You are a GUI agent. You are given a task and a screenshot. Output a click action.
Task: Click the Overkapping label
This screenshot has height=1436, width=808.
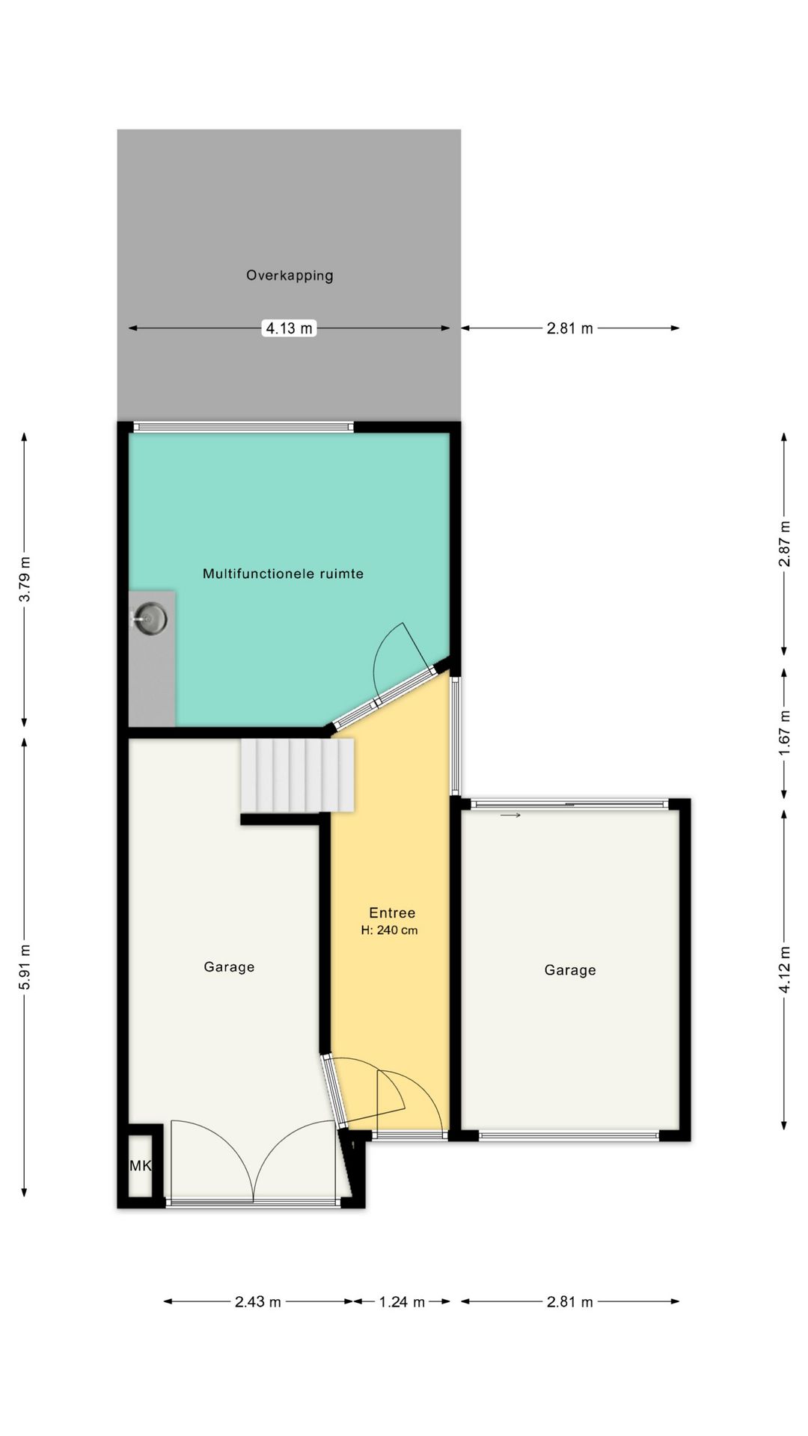click(x=290, y=276)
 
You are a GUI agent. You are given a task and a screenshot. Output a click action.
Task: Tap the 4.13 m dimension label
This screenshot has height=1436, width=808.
click(x=290, y=328)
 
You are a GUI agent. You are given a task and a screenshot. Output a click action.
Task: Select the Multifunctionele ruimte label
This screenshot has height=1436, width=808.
click(x=283, y=574)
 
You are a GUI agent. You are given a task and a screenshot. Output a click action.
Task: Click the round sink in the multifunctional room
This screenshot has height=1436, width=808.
click(x=152, y=619)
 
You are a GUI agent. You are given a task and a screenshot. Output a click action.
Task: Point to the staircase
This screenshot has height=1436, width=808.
click(x=297, y=776)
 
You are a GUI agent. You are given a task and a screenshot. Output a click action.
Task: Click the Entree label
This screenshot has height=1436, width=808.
click(x=392, y=912)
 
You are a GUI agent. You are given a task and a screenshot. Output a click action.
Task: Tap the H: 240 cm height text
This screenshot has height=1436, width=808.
click(x=389, y=930)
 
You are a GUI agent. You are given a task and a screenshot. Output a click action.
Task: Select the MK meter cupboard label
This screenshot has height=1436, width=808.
click(x=140, y=1166)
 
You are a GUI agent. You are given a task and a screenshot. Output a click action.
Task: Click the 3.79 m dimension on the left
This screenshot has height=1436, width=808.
click(x=25, y=579)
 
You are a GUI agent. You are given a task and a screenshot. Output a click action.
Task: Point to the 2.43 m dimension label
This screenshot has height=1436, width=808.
click(x=258, y=1302)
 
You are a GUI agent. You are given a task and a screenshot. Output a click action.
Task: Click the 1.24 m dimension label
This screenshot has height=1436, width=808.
click(x=402, y=1302)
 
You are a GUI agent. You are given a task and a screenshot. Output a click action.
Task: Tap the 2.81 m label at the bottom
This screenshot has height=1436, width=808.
click(x=570, y=1302)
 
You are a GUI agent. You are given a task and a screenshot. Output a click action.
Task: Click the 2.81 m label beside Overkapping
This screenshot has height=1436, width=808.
click(x=570, y=328)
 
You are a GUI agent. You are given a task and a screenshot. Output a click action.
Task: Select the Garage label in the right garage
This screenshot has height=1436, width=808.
click(x=570, y=970)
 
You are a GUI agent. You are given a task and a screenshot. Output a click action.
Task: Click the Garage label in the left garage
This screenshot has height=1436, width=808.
click(x=229, y=967)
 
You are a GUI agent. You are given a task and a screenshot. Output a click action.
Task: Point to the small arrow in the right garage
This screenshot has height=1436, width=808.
click(x=510, y=815)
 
